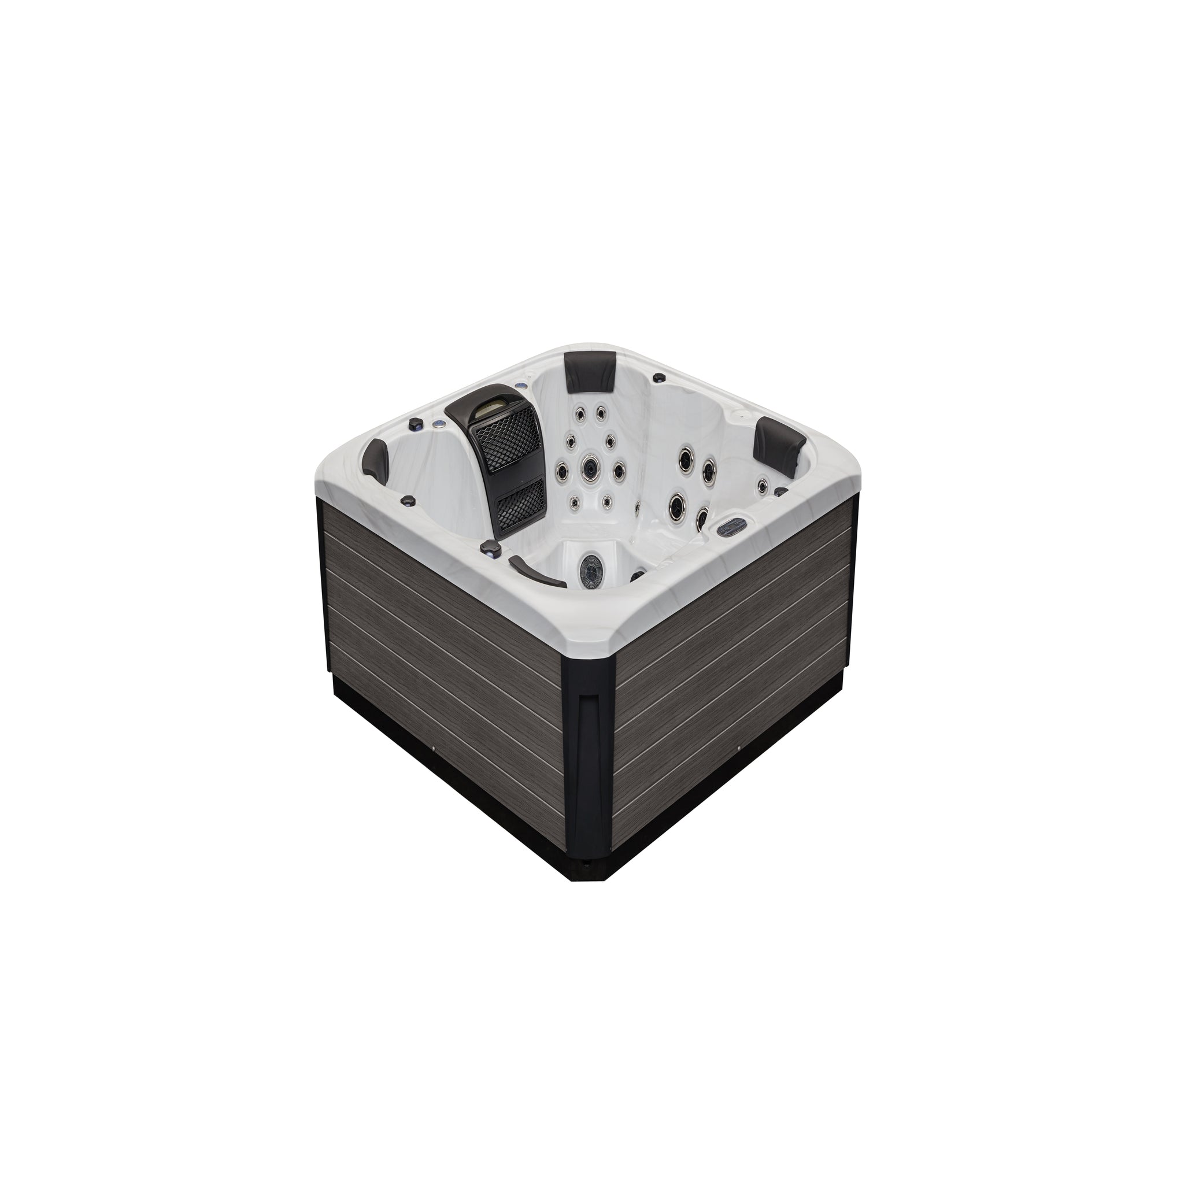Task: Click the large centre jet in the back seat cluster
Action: tap(590, 468)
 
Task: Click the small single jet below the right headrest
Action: tap(763, 486)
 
